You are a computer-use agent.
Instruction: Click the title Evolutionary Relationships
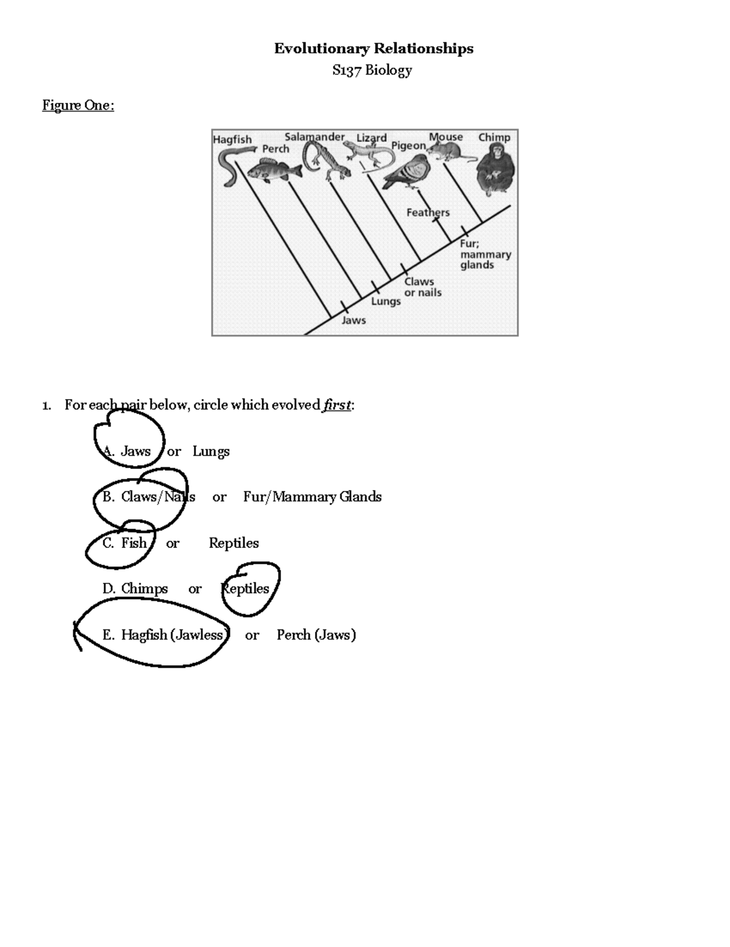point(373,49)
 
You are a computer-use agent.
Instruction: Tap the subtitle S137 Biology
point(372,71)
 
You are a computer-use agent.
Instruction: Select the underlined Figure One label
point(78,106)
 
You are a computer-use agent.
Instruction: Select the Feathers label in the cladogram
point(428,212)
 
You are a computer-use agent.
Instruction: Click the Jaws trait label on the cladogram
point(353,320)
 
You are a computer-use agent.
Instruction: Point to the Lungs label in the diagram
point(386,301)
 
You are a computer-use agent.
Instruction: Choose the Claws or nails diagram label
point(423,287)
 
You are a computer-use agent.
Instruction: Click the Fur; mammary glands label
point(485,254)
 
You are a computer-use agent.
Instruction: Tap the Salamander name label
point(314,137)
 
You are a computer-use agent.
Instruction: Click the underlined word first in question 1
point(337,405)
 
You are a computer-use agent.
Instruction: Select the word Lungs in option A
point(210,451)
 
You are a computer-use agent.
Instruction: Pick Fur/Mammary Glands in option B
point(312,497)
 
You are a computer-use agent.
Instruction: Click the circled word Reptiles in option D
point(246,589)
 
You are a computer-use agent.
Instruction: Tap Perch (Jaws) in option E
point(316,635)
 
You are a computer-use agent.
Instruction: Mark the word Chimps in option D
point(144,589)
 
